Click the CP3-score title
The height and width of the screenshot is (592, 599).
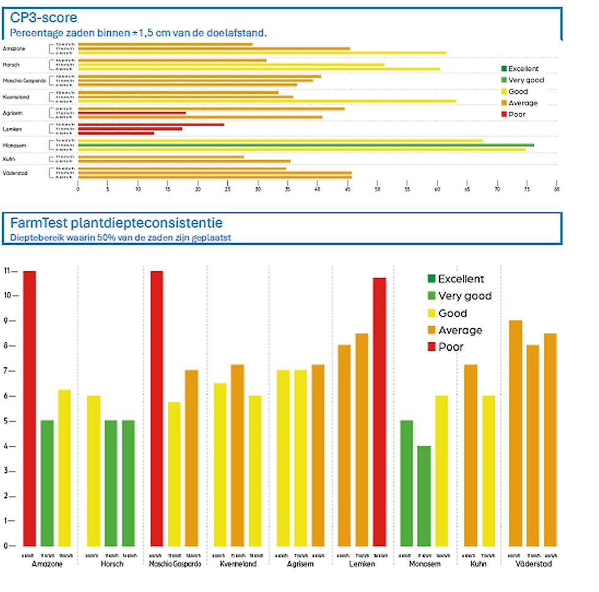[43, 17]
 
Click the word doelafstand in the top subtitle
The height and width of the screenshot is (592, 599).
[236, 32]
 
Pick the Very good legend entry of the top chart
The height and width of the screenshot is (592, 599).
[526, 80]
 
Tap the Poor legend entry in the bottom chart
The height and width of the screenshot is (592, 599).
[451, 347]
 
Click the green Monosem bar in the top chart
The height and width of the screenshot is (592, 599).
[306, 145]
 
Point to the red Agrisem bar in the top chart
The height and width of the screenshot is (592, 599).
[132, 113]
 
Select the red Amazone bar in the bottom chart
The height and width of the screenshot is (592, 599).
[29, 408]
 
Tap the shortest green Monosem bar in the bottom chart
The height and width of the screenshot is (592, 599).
[424, 496]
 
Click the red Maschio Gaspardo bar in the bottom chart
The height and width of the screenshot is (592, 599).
[156, 408]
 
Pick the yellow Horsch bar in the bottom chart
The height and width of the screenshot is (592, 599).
[93, 470]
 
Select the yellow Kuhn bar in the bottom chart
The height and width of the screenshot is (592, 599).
[488, 470]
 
